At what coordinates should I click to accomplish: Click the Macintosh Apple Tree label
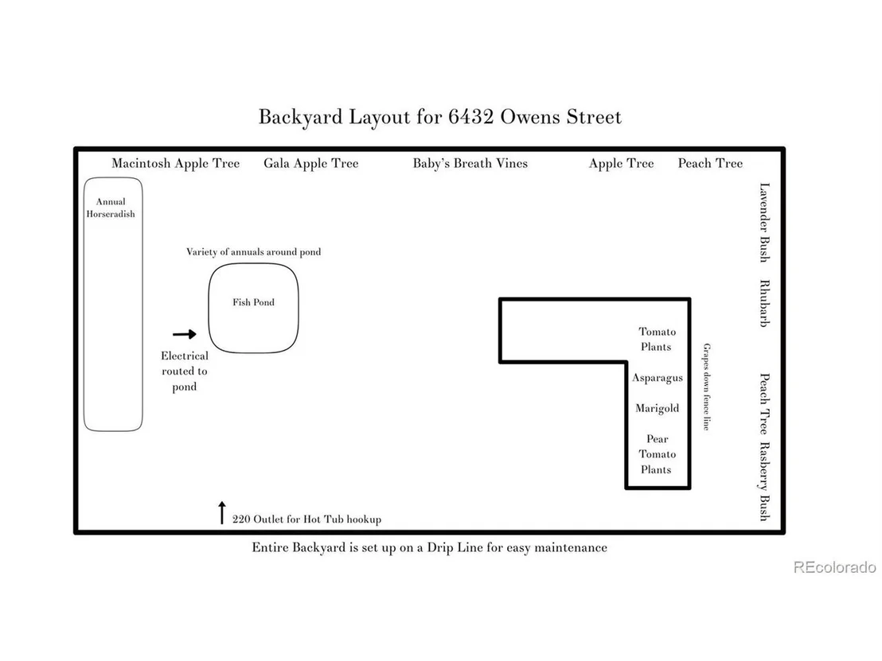click(175, 164)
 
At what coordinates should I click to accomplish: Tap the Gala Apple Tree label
click(311, 164)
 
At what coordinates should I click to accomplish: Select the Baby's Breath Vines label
click(470, 164)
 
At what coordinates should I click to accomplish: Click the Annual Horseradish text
click(111, 208)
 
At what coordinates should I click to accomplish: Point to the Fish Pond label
click(254, 302)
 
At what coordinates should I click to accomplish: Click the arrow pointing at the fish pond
click(185, 334)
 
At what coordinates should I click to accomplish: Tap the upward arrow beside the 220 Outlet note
click(222, 512)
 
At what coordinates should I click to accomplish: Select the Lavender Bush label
click(764, 223)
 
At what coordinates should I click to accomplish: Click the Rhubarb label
click(764, 304)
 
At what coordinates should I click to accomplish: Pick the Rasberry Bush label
click(764, 482)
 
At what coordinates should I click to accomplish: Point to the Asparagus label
click(657, 379)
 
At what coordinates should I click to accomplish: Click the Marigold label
click(657, 409)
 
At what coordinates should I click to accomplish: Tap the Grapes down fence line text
click(707, 387)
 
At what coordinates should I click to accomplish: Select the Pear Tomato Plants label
click(657, 454)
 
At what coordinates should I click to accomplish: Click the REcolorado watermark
click(835, 567)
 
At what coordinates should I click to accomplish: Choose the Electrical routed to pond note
click(185, 371)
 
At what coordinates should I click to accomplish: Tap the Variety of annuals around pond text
click(254, 252)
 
